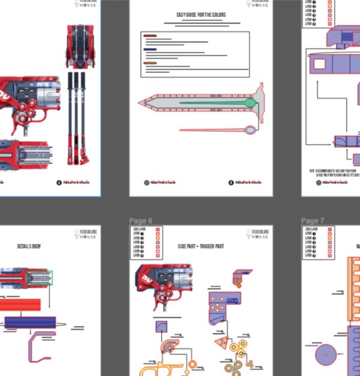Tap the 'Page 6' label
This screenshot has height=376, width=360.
click(141, 220)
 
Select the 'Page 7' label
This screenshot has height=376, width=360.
click(313, 220)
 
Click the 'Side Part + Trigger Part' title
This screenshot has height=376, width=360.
click(201, 246)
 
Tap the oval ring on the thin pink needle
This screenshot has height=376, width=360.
click(250, 129)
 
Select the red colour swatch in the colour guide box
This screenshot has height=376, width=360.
click(149, 35)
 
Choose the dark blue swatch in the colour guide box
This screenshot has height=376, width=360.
click(149, 49)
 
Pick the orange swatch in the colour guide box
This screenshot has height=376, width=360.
click(149, 63)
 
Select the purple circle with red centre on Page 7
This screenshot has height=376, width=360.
click(327, 354)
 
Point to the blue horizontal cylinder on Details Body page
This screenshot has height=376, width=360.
click(30, 323)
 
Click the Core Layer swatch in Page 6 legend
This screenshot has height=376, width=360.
click(158, 229)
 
